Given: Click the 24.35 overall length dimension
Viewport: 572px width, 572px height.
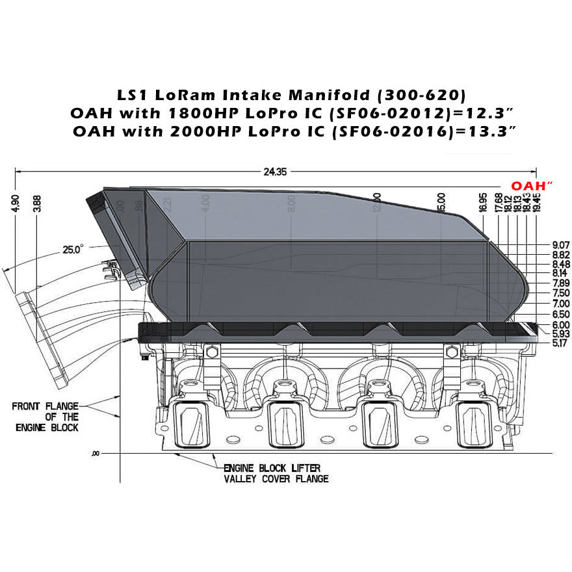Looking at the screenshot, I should point(276,172).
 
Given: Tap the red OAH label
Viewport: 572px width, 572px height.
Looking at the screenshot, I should point(531,186).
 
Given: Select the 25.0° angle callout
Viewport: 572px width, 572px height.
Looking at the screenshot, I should point(73,249).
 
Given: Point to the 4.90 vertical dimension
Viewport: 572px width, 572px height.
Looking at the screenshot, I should point(16,203).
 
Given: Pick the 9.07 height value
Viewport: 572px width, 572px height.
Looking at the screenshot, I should point(560,244).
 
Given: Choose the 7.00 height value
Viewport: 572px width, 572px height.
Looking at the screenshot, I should point(560,304).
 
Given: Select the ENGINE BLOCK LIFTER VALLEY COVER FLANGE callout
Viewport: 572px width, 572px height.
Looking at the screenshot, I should point(276,473).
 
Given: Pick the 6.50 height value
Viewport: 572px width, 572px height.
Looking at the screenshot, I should point(560,313).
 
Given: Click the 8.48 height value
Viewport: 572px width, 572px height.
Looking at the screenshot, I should point(560,264).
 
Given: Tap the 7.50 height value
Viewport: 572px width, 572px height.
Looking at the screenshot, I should point(560,293).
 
